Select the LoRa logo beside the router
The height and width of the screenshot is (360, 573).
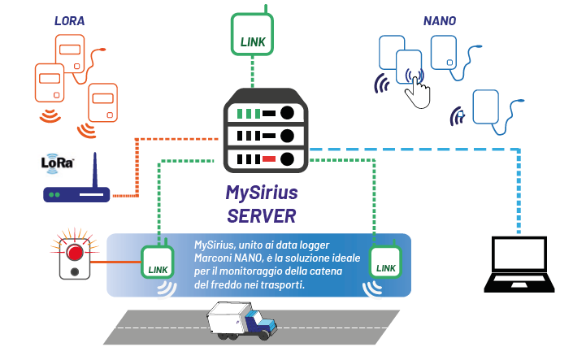click(x=57, y=162)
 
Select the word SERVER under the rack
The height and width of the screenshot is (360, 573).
click(x=261, y=215)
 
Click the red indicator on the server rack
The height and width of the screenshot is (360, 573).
click(x=269, y=158)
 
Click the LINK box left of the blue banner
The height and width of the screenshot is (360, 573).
click(x=156, y=262)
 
